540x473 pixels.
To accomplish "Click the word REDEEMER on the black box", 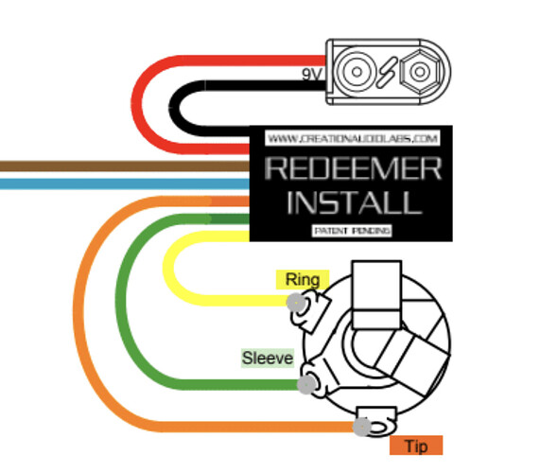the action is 354,168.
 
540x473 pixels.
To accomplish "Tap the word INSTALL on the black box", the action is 355,202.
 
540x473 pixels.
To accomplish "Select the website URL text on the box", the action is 353,138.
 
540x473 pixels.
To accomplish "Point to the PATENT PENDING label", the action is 352,231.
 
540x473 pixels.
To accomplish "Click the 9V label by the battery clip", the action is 312,75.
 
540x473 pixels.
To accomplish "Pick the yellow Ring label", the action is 303,280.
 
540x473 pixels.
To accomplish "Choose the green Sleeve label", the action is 268,358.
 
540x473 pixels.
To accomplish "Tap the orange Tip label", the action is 416,446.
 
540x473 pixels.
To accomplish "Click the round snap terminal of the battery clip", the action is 357,72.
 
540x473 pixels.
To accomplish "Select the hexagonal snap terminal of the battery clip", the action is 420,72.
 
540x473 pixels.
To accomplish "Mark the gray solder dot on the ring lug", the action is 296,302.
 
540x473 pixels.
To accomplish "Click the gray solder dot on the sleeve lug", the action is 306,383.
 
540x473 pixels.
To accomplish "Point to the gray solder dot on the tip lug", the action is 361,427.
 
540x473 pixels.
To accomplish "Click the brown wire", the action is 125,166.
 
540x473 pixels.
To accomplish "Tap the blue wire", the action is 125,184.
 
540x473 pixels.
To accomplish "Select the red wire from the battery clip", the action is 137,104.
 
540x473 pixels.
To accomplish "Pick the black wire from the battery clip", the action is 175,108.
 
